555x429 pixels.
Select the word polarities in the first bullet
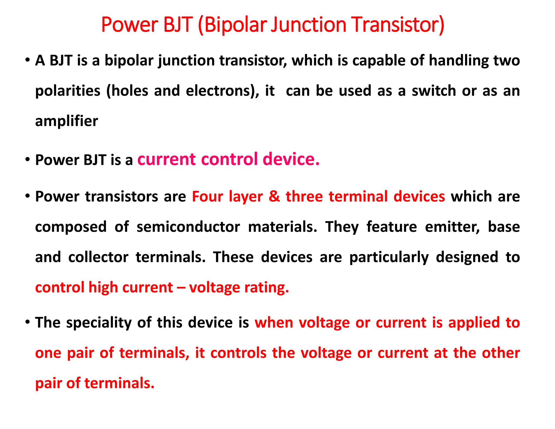click(x=68, y=91)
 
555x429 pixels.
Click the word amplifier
click(x=66, y=121)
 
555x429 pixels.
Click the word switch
click(x=434, y=91)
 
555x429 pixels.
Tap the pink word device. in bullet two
click(x=291, y=159)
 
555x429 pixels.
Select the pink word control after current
click(x=229, y=159)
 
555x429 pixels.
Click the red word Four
click(x=207, y=197)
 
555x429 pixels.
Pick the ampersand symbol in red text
click(x=274, y=197)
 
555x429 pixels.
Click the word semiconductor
click(x=188, y=227)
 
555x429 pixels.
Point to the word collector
click(x=98, y=257)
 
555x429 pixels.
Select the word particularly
click(x=389, y=257)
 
